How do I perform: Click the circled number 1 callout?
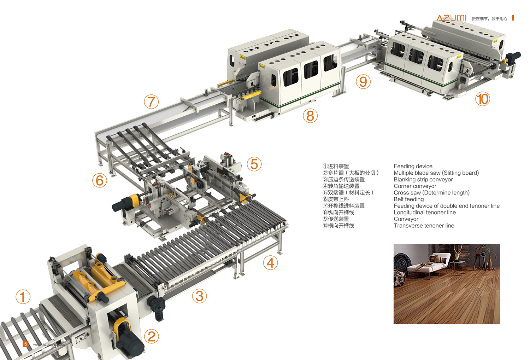(x=23, y=297)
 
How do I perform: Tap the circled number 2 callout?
(x=152, y=336)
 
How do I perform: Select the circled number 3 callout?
(x=199, y=296)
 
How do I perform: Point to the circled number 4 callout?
(x=270, y=263)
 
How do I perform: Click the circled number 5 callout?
(x=254, y=164)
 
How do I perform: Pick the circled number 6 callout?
(x=100, y=180)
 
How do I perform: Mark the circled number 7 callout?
(x=151, y=102)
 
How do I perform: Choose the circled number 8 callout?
(x=310, y=116)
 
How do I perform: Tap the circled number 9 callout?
(x=363, y=82)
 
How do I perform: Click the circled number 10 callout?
(x=483, y=99)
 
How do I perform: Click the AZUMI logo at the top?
(x=451, y=18)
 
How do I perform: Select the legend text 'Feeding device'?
(x=413, y=166)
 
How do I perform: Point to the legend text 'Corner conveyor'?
(x=415, y=186)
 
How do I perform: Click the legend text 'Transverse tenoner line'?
(x=424, y=226)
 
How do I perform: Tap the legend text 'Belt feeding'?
(x=408, y=199)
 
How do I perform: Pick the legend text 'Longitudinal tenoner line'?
(x=424, y=213)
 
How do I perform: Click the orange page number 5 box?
(x=25, y=344)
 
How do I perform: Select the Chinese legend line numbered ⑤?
(x=348, y=193)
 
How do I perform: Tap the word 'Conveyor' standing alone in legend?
(x=406, y=219)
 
